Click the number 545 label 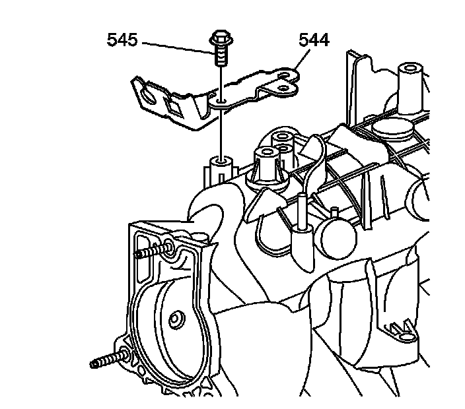pyautogui.click(x=122, y=41)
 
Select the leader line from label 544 pyautogui.click(x=299, y=58)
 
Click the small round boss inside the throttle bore pyautogui.click(x=175, y=321)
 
